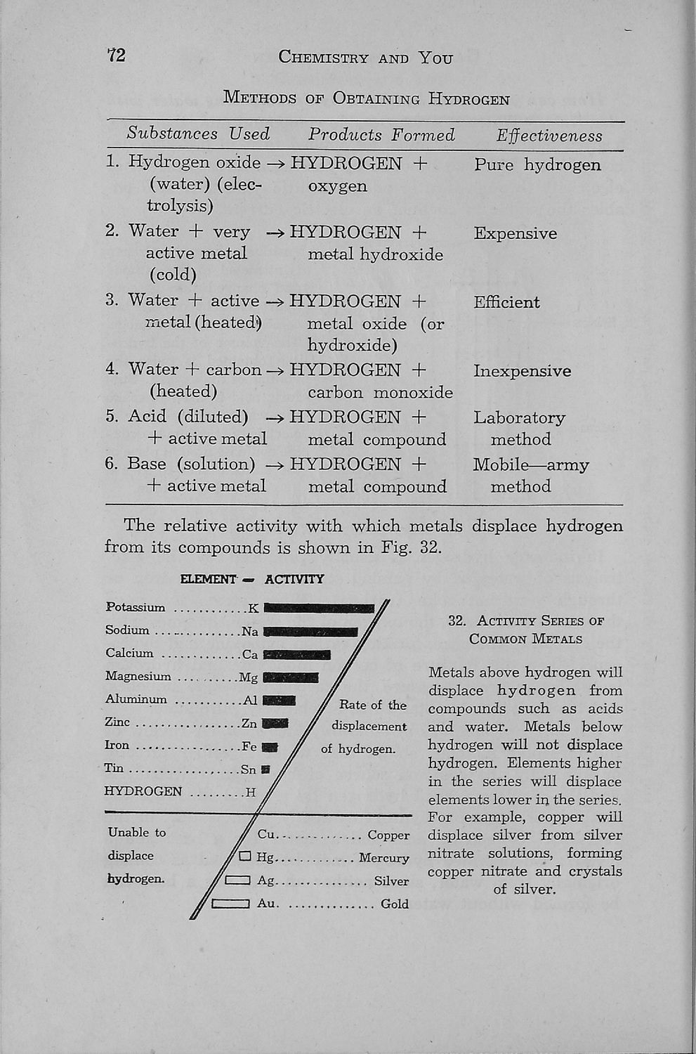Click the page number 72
pyautogui.click(x=117, y=55)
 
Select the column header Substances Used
pyautogui.click(x=198, y=134)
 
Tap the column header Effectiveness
pyautogui.click(x=549, y=136)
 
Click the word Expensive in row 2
pyautogui.click(x=515, y=233)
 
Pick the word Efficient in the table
pyautogui.click(x=506, y=302)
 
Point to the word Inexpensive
pyautogui.click(x=522, y=371)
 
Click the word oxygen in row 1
pyautogui.click(x=337, y=186)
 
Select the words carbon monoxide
pyautogui.click(x=380, y=393)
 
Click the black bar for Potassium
pyautogui.click(x=319, y=609)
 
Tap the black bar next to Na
pyautogui.click(x=310, y=632)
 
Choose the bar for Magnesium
pyautogui.click(x=291, y=678)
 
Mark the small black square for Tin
pyautogui.click(x=265, y=769)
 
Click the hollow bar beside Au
pyautogui.click(x=231, y=904)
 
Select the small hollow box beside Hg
pyautogui.click(x=245, y=857)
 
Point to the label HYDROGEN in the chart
pyautogui.click(x=143, y=792)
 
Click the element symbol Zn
pyautogui.click(x=249, y=723)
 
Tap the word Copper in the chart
pyautogui.click(x=388, y=835)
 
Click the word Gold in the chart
pyautogui.click(x=394, y=904)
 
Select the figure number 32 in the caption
pyautogui.click(x=457, y=621)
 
